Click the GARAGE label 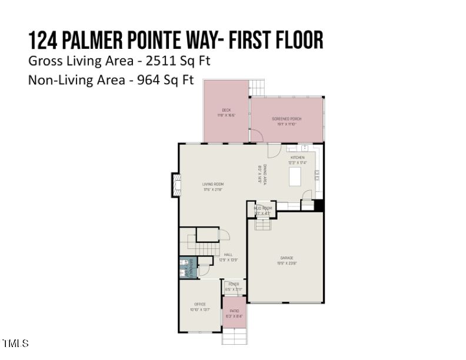pos(287,260)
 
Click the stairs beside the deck pos(257,88)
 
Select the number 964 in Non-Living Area pos(149,81)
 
